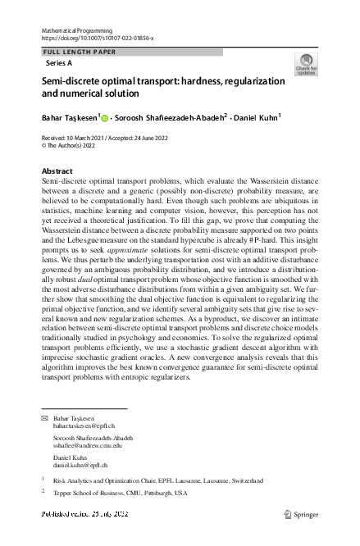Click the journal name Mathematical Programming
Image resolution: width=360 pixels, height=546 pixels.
pos(75,30)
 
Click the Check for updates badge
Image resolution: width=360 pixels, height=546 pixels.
pos(305,65)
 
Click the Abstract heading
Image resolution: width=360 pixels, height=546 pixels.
pos(57,171)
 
